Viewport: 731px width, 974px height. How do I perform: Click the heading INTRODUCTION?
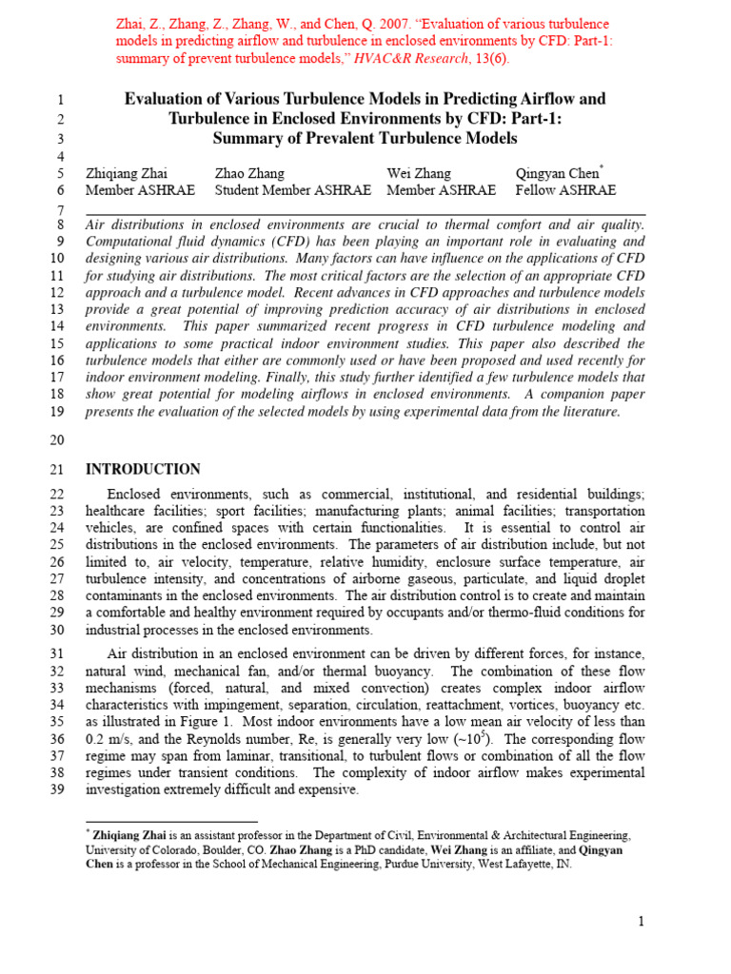(143, 469)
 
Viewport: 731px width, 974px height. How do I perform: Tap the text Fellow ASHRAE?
(565, 190)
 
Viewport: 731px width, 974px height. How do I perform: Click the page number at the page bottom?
(642, 922)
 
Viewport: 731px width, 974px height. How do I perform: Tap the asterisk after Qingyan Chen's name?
(603, 167)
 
